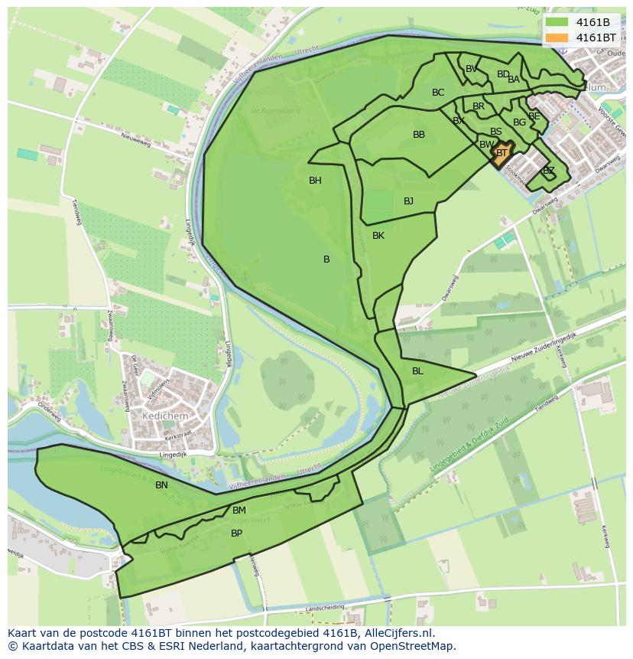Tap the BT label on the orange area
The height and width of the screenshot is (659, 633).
[502, 153]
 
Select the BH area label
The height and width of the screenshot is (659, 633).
[315, 181]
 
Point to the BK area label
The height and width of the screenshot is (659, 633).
[378, 236]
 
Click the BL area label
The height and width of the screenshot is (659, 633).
[417, 371]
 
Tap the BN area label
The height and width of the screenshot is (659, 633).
[161, 485]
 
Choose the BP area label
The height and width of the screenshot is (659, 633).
[236, 533]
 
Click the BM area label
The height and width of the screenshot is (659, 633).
[239, 511]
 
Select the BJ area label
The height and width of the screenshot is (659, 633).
[408, 201]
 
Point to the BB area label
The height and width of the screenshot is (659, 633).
[419, 135]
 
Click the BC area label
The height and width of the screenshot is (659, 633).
[438, 93]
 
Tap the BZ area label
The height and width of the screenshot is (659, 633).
[548, 171]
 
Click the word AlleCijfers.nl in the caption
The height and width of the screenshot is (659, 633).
[396, 633]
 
